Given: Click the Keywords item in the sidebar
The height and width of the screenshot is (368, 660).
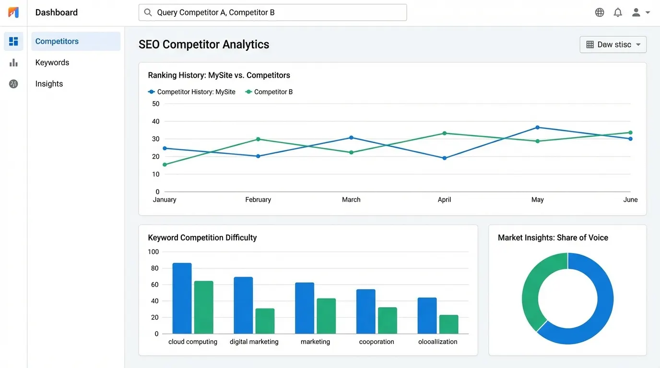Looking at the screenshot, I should pyautogui.click(x=52, y=63).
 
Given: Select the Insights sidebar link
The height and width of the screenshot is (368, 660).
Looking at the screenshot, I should pyautogui.click(x=49, y=84).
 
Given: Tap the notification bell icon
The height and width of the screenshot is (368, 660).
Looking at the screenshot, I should pyautogui.click(x=618, y=12).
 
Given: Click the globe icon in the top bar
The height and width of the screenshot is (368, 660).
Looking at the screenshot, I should pyautogui.click(x=600, y=12).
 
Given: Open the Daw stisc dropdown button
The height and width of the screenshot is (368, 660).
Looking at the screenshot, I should pyautogui.click(x=613, y=45).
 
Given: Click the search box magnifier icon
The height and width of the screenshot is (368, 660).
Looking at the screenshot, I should pyautogui.click(x=148, y=12).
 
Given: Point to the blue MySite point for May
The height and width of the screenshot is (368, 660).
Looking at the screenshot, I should pyautogui.click(x=537, y=127).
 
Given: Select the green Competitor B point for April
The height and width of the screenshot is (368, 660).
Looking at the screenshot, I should pyautogui.click(x=444, y=133).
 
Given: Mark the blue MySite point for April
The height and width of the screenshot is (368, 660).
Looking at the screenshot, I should pyautogui.click(x=444, y=158).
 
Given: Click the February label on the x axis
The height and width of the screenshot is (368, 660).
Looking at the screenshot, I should pyautogui.click(x=258, y=200).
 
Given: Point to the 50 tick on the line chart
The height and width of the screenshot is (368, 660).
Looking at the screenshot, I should pyautogui.click(x=155, y=104).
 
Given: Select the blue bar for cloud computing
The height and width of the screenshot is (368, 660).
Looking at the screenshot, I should pyautogui.click(x=182, y=298).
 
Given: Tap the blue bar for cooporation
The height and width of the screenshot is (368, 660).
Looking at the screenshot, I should pyautogui.click(x=365, y=311).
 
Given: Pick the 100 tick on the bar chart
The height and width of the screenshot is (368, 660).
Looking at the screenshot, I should pyautogui.click(x=153, y=252).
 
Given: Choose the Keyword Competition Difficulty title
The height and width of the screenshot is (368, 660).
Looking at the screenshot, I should pyautogui.click(x=202, y=238).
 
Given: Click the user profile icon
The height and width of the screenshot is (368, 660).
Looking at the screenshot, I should pyautogui.click(x=636, y=12).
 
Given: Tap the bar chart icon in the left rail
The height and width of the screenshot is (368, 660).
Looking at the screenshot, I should pyautogui.click(x=13, y=63).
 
